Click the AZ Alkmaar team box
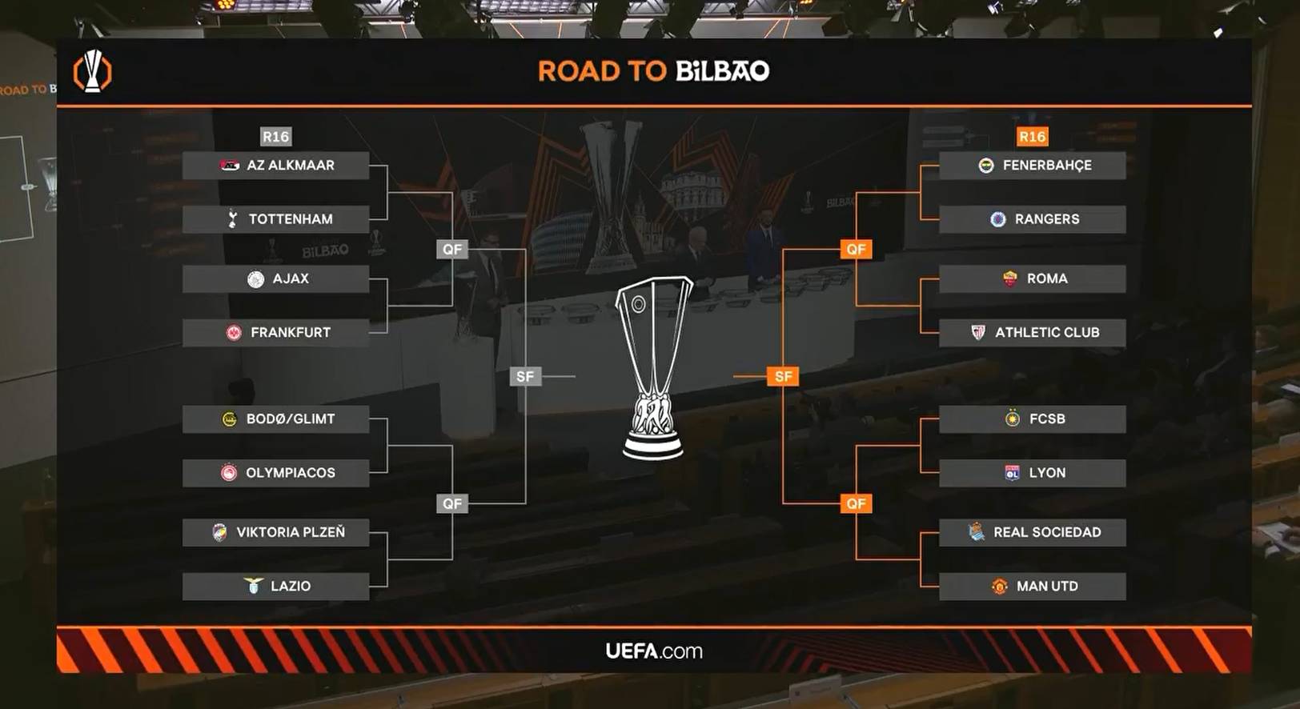[x=275, y=166]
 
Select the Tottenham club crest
[x=233, y=218]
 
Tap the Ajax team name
[x=291, y=278]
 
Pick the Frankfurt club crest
[x=234, y=332]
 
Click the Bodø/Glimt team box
[x=275, y=419]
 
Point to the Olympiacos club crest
[x=229, y=473]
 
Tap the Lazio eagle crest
[x=253, y=586]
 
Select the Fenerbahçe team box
[x=1033, y=166]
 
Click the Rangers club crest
[x=998, y=218]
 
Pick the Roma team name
[x=1048, y=278]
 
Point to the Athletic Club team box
[x=1033, y=332]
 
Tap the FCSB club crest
[x=1013, y=418]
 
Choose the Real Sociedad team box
[x=1033, y=532]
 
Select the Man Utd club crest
[x=999, y=586]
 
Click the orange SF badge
[x=783, y=376]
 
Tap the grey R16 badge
[x=275, y=137]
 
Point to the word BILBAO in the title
[x=723, y=70]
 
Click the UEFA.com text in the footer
[x=654, y=651]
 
